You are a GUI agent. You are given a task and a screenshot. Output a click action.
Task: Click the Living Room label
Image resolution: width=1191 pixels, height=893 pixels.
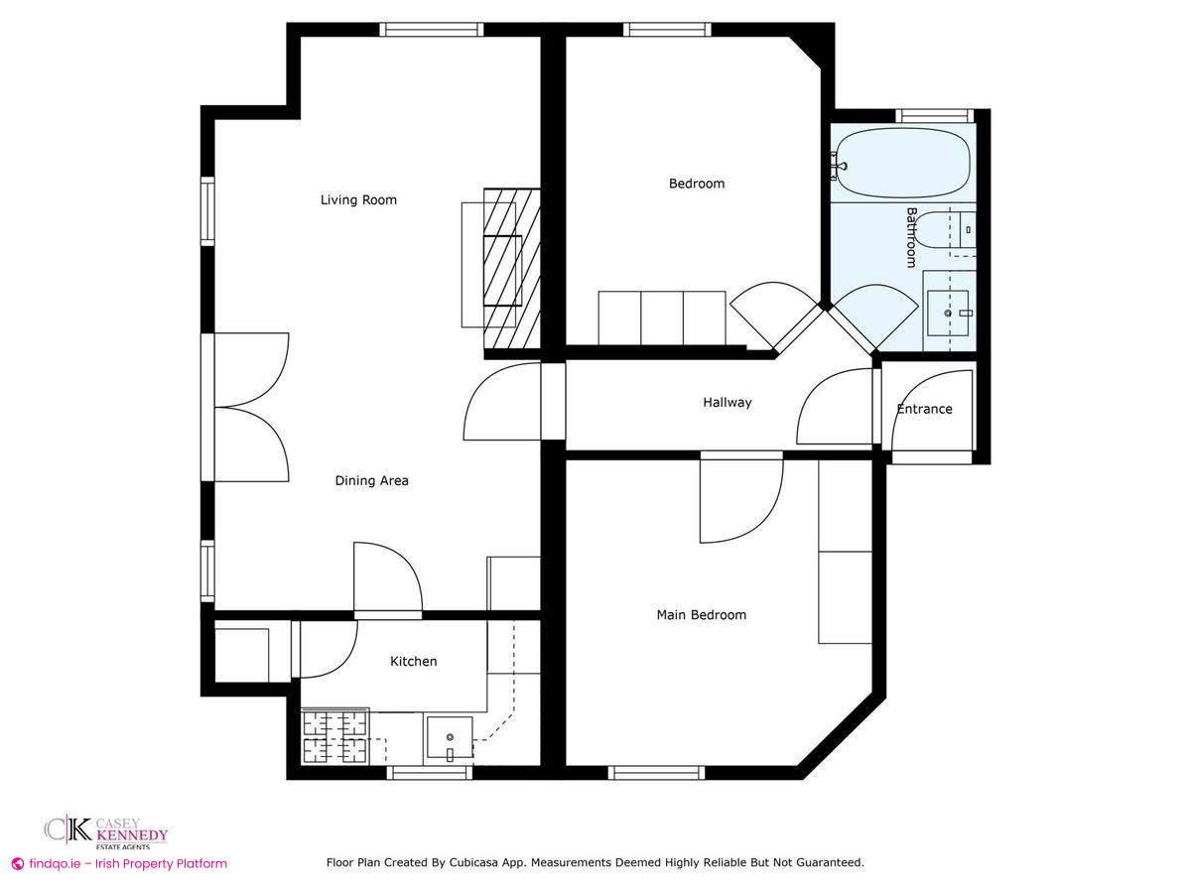coord(358,200)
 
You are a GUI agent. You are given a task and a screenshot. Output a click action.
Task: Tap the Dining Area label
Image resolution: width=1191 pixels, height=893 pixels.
coord(371,481)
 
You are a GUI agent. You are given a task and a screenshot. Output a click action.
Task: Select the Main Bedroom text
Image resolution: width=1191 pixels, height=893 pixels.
coord(701,615)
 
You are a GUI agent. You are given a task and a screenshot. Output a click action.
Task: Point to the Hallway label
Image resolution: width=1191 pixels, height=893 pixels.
coord(728,403)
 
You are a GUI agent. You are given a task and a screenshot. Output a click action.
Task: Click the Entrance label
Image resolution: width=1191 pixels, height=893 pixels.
coord(924,409)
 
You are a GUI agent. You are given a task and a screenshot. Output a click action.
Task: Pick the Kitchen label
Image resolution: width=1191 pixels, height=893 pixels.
coord(413,662)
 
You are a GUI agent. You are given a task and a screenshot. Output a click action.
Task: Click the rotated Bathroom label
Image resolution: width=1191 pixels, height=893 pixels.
coord(911,237)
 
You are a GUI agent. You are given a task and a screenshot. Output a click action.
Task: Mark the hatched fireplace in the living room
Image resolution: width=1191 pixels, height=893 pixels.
coord(512,268)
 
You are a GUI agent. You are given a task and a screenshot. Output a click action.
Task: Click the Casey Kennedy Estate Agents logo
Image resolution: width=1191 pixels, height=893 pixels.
coord(106,831)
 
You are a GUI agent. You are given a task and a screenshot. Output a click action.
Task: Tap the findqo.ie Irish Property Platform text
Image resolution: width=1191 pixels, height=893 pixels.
coord(119,864)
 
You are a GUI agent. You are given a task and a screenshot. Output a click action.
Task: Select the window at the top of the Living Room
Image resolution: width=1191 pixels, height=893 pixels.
coord(433,30)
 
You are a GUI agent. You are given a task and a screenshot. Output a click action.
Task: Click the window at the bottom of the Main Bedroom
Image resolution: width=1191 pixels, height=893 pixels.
coord(656,772)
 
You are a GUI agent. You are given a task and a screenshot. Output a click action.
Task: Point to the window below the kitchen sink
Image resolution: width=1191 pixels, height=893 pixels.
coord(429,772)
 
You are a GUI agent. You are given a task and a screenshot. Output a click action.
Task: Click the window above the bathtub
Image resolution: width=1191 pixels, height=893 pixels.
coord(932,115)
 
